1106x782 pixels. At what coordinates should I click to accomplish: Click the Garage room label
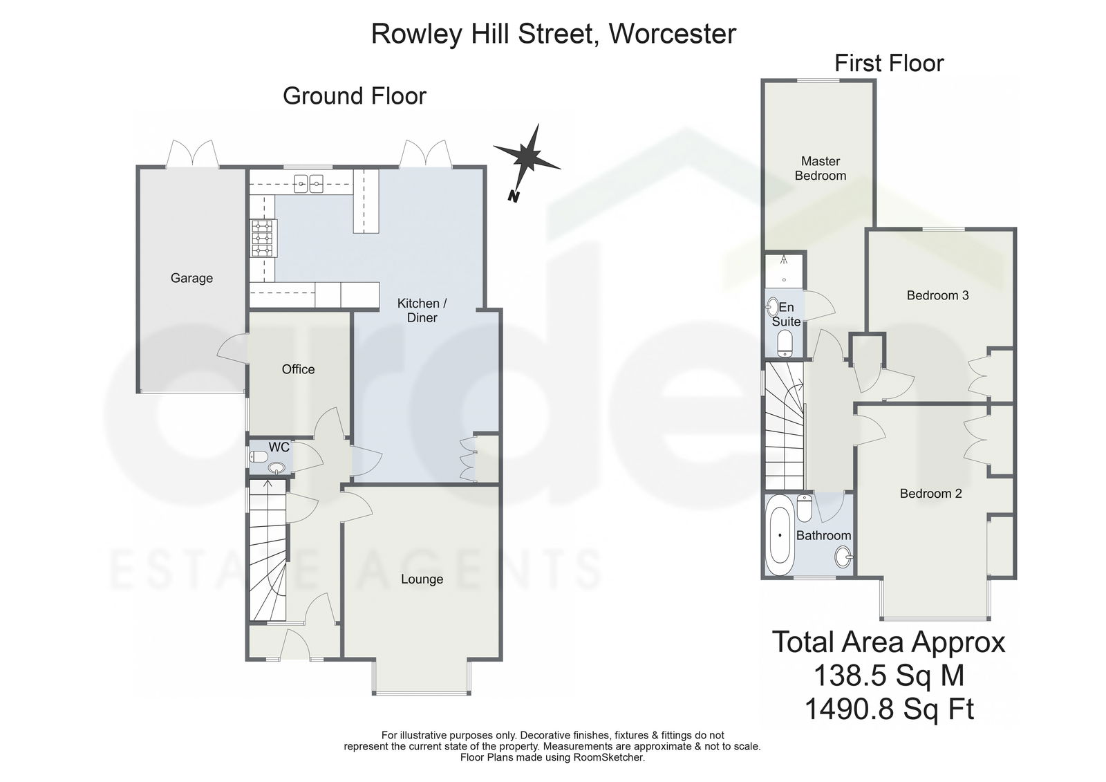coord(191,278)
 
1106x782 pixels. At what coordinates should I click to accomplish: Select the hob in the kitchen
coord(263,239)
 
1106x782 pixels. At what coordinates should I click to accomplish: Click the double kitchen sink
coord(310,184)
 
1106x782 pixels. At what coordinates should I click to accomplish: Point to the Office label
coord(298,369)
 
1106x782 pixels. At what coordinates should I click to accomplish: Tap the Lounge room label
coord(422,579)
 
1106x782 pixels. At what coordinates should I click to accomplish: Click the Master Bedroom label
coord(820,168)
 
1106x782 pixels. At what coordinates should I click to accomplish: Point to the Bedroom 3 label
coord(937,295)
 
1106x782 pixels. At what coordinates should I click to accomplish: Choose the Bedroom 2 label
coord(930,494)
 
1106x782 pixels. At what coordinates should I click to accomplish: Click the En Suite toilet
coord(785,344)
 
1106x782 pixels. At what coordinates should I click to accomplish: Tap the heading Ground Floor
coord(354,95)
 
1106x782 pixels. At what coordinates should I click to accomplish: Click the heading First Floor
coord(888,63)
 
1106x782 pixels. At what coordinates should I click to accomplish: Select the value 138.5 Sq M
coord(888,674)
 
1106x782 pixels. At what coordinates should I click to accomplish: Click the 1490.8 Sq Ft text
coord(888,709)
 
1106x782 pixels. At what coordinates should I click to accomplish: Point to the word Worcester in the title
coord(672,33)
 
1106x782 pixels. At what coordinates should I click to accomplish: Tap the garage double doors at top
coord(192,153)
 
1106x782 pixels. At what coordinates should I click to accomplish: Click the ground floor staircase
coord(267,553)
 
